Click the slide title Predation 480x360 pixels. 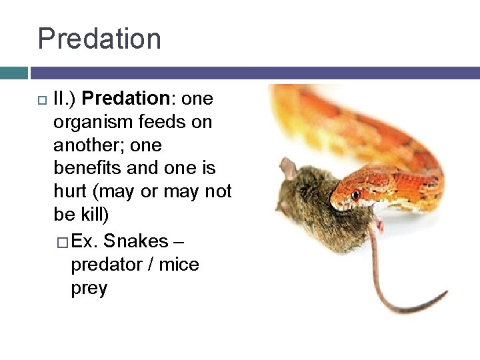click(x=99, y=39)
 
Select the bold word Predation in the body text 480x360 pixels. click(x=127, y=99)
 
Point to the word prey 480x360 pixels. click(x=89, y=288)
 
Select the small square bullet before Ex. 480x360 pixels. click(x=62, y=241)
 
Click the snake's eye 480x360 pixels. click(x=356, y=195)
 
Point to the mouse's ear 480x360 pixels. click(x=287, y=169)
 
